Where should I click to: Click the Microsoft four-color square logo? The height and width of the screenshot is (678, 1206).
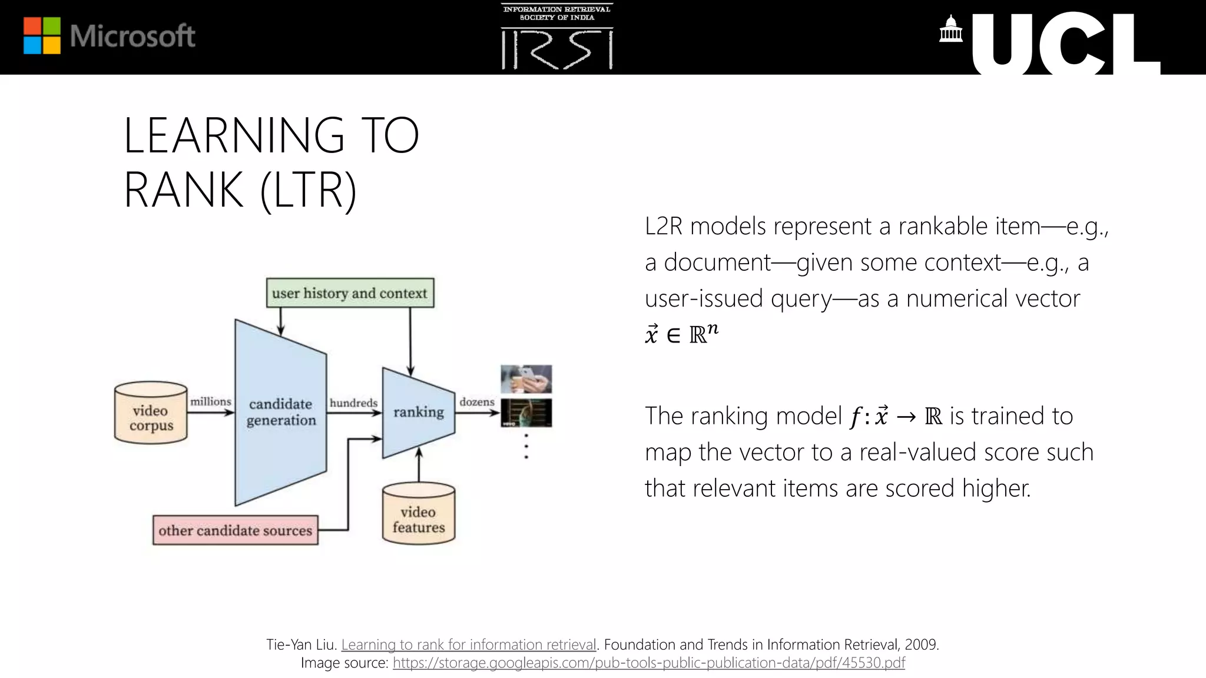(x=42, y=36)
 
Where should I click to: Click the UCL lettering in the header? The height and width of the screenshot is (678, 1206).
(x=1065, y=45)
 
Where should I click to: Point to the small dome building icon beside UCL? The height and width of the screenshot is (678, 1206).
(x=950, y=30)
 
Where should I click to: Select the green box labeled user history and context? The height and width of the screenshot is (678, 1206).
(x=350, y=293)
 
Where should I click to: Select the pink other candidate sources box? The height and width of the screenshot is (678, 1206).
(x=235, y=531)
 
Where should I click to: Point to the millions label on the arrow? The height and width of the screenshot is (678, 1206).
(x=210, y=402)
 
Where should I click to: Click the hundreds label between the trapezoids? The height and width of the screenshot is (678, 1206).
(x=353, y=403)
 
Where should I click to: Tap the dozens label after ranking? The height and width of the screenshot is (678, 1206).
(x=476, y=402)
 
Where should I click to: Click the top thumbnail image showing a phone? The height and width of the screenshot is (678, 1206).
(x=526, y=379)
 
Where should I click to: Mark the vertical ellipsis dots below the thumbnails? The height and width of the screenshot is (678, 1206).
(x=526, y=447)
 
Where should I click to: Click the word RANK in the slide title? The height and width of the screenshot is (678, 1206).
(x=183, y=190)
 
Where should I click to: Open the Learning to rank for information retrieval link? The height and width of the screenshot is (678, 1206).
(x=469, y=644)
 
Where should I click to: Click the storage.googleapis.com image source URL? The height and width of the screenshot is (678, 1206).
(x=648, y=663)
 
